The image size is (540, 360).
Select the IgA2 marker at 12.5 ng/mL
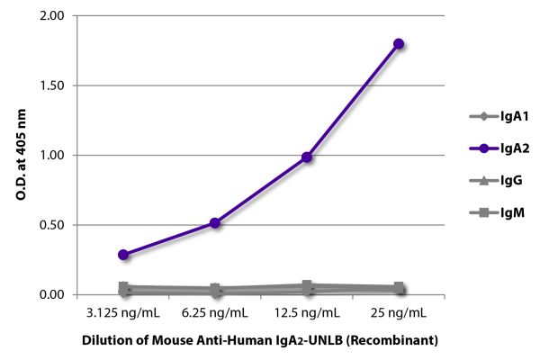[307, 157]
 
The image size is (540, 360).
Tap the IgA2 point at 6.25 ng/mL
[215, 222]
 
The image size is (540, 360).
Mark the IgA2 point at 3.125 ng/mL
[123, 255]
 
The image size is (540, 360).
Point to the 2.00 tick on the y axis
[51, 16]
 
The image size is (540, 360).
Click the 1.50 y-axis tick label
[51, 85]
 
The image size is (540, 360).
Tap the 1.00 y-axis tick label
[51, 155]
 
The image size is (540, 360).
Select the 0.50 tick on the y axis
[51, 225]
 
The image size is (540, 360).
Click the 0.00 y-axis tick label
[51, 294]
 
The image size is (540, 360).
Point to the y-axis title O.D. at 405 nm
[21, 155]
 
